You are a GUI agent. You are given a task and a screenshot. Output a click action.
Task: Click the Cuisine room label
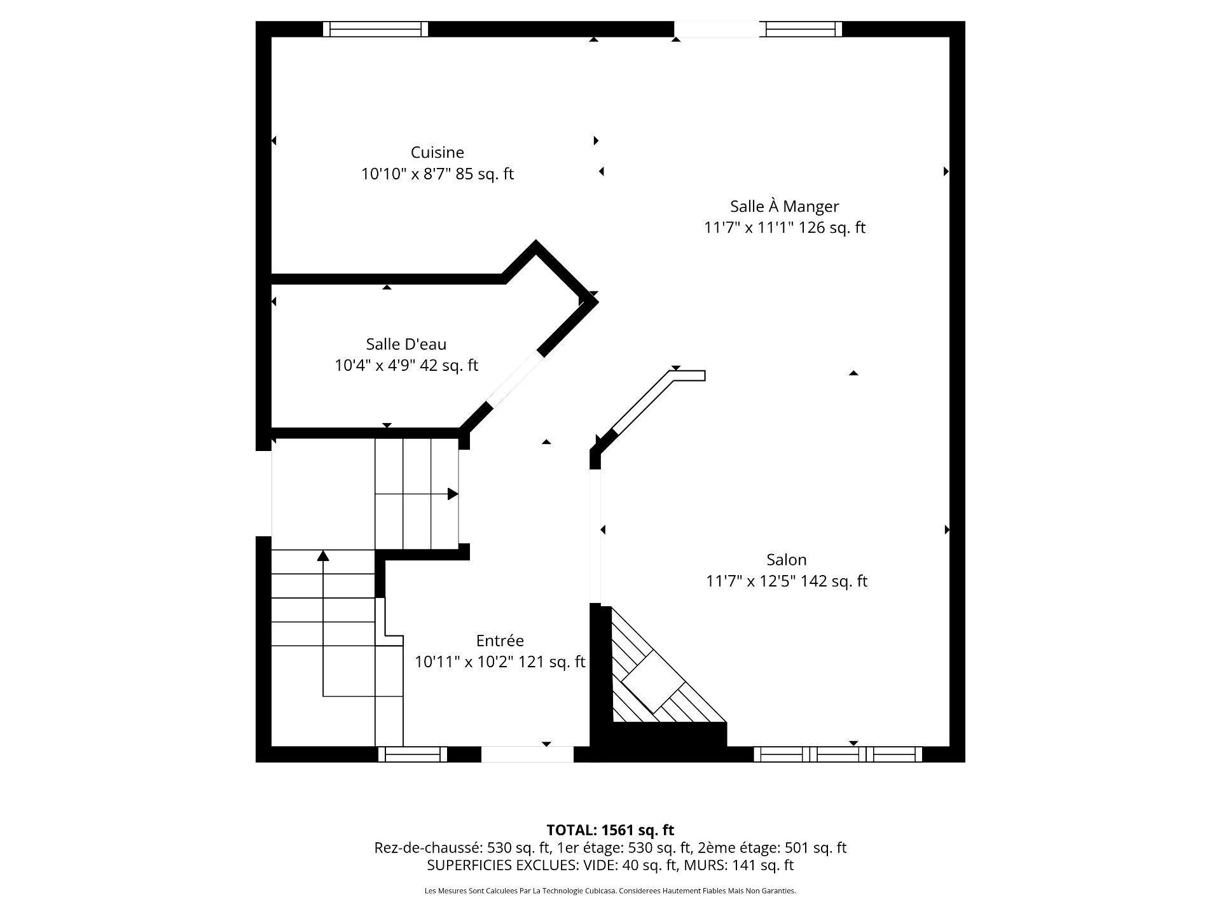coord(437,153)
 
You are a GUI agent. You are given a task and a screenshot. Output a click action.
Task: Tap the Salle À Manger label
coord(784,206)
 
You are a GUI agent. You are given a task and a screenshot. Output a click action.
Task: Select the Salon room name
coord(786,560)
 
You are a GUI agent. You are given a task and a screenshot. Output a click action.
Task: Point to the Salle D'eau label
coord(406,344)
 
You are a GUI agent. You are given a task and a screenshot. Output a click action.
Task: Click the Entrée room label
coord(500,641)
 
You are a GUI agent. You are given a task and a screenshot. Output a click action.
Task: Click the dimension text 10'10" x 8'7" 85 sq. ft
coord(437,174)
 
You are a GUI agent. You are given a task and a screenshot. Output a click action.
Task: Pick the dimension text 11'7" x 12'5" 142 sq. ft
coord(786,581)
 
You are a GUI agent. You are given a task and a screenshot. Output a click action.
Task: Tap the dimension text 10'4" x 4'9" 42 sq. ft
coord(406,365)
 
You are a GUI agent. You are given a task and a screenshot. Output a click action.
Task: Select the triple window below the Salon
coord(838,754)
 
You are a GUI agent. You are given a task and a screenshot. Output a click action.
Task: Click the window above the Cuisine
coord(375,29)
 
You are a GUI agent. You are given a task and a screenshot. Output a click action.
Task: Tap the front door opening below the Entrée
coord(527,754)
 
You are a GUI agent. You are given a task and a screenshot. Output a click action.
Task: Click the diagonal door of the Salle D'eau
coord(514,380)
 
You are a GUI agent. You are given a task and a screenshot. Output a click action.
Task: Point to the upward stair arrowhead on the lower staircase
coord(323,556)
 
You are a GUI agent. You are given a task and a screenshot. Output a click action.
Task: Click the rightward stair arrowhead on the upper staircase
coord(453,494)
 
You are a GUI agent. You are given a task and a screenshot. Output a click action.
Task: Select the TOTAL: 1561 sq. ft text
coord(610,830)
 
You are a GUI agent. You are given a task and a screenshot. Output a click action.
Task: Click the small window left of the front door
coord(413,754)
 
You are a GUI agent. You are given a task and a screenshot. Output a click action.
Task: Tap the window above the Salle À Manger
coord(803,29)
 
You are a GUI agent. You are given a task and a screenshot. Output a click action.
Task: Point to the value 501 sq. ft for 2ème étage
coord(815,848)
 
